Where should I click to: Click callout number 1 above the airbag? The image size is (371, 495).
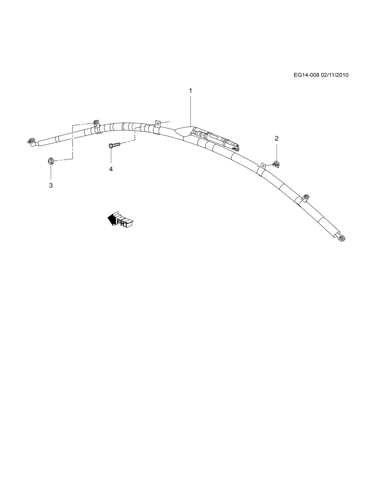(190, 91)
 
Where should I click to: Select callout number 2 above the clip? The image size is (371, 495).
(277, 138)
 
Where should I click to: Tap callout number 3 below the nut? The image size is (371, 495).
(51, 185)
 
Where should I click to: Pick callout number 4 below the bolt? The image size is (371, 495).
(111, 169)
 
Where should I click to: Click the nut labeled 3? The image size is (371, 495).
(50, 161)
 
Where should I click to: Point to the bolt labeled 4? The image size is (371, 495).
(115, 145)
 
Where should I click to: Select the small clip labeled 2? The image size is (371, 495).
(276, 163)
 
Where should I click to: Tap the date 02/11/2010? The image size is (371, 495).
(334, 75)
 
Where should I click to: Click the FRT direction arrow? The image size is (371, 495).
(120, 220)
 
